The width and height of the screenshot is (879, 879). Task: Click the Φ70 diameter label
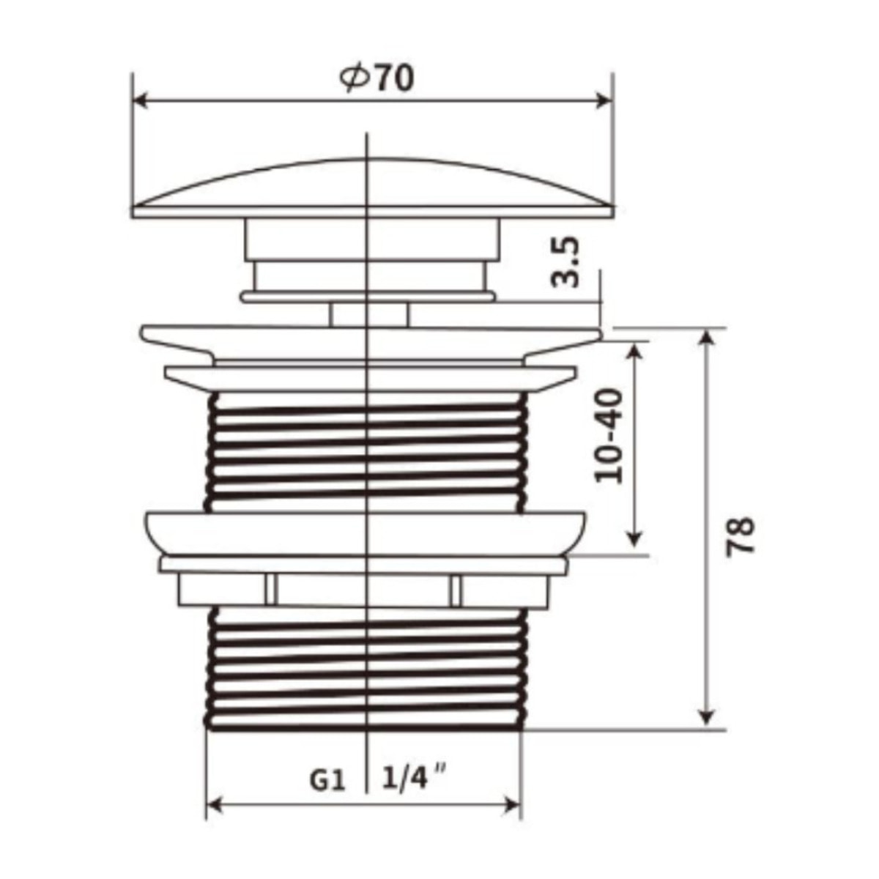click(x=377, y=78)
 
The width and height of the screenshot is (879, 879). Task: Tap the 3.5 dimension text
click(x=565, y=262)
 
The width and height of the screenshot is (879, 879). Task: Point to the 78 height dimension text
click(x=740, y=536)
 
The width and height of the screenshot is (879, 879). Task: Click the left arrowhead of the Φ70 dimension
click(x=142, y=101)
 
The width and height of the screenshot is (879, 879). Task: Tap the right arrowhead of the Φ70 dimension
click(x=604, y=101)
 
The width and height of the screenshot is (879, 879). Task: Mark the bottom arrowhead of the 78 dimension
click(x=707, y=719)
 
